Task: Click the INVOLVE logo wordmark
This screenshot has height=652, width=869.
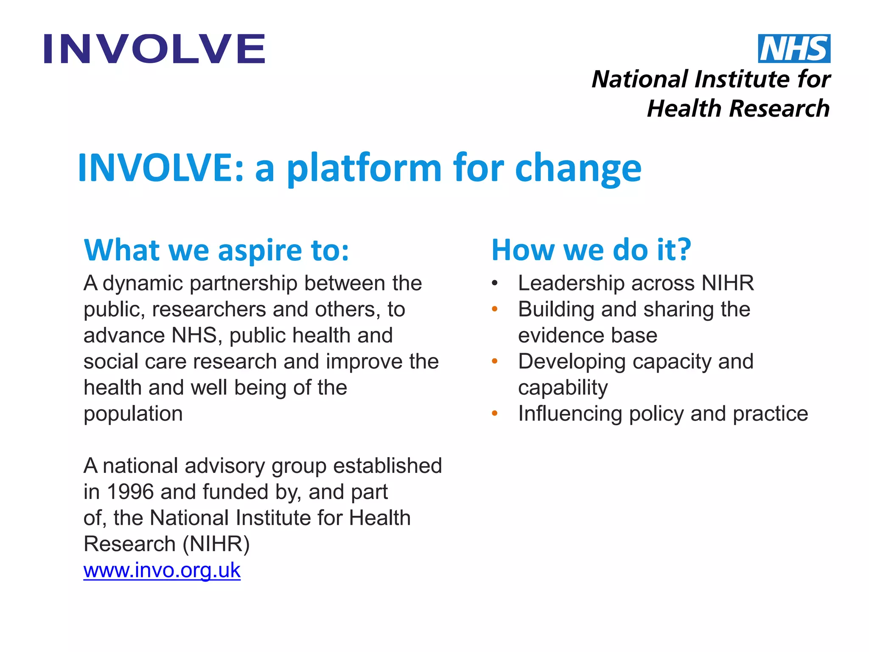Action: tap(154, 49)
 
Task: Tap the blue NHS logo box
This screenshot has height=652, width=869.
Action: tap(794, 48)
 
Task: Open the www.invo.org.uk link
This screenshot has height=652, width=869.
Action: tap(162, 570)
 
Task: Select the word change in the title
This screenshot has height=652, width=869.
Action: tap(578, 169)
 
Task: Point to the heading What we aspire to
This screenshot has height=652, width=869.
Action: tap(216, 250)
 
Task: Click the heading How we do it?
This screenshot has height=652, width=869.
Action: tap(591, 250)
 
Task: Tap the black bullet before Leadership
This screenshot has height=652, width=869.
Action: tap(494, 284)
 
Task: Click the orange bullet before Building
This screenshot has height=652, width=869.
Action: tap(494, 309)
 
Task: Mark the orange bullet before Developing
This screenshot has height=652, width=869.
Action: tap(494, 362)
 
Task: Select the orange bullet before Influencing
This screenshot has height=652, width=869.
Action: tap(494, 413)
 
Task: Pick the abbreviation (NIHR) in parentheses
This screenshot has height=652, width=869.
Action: tap(216, 544)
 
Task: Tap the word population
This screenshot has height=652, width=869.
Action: tap(133, 414)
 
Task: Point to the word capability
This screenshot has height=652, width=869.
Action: tap(563, 388)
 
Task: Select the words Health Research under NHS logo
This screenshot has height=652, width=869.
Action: tap(738, 108)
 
